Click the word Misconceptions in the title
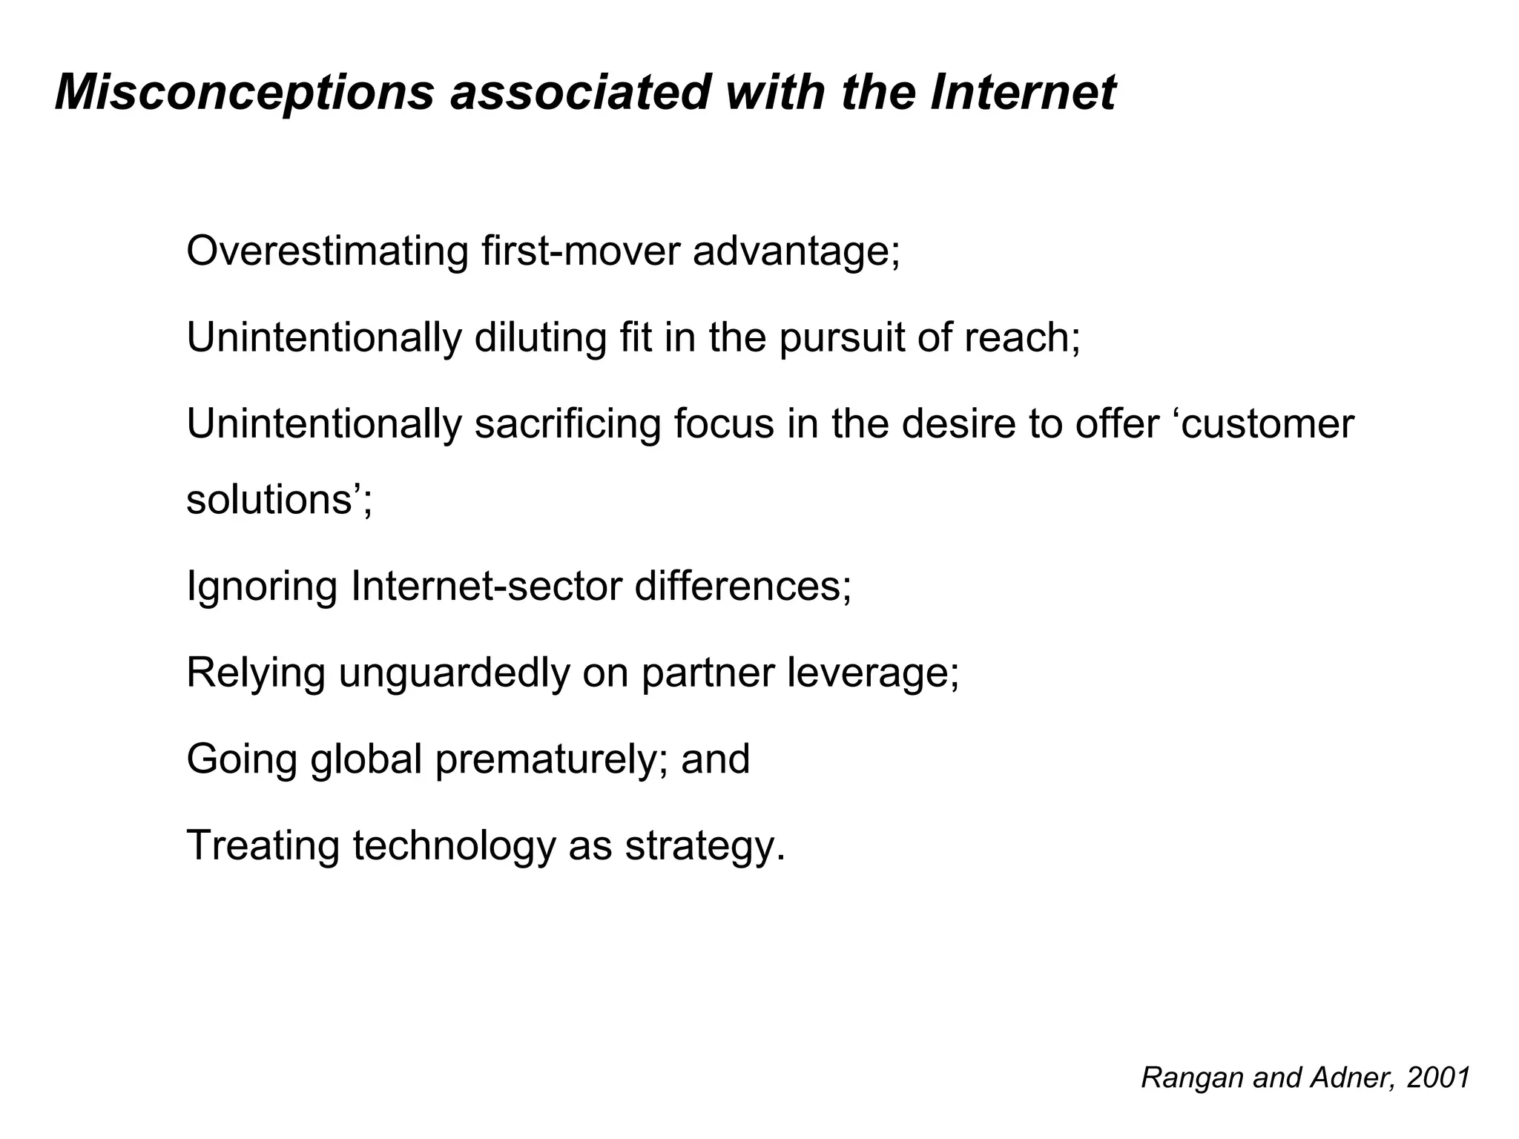pyautogui.click(x=244, y=93)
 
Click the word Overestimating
pyautogui.click(x=327, y=251)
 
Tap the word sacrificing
pyautogui.click(x=567, y=424)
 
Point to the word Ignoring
pyautogui.click(x=262, y=587)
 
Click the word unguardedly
pyautogui.click(x=454, y=674)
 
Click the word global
pyautogui.click(x=366, y=759)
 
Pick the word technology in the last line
pyautogui.click(x=454, y=847)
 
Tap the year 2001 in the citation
pyautogui.click(x=1438, y=1078)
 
